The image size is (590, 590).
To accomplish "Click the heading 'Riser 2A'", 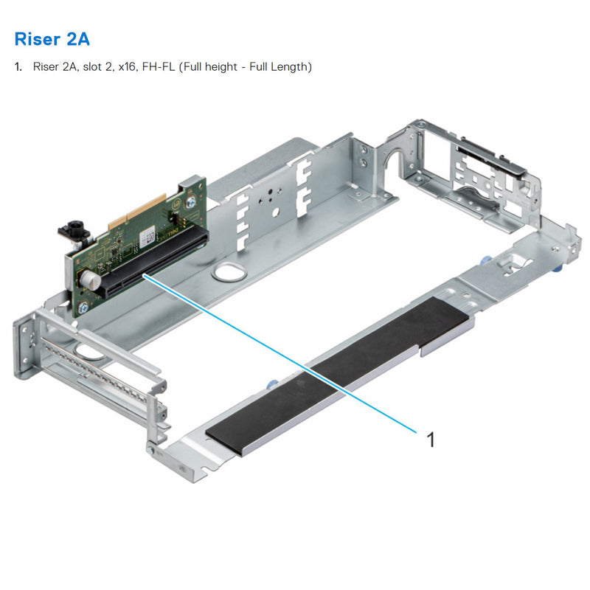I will pyautogui.click(x=52, y=38).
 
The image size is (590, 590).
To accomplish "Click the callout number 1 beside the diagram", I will pyautogui.click(x=431, y=440).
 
